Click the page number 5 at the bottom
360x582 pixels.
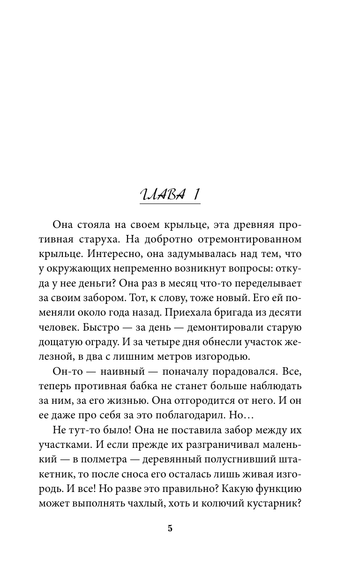170,529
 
